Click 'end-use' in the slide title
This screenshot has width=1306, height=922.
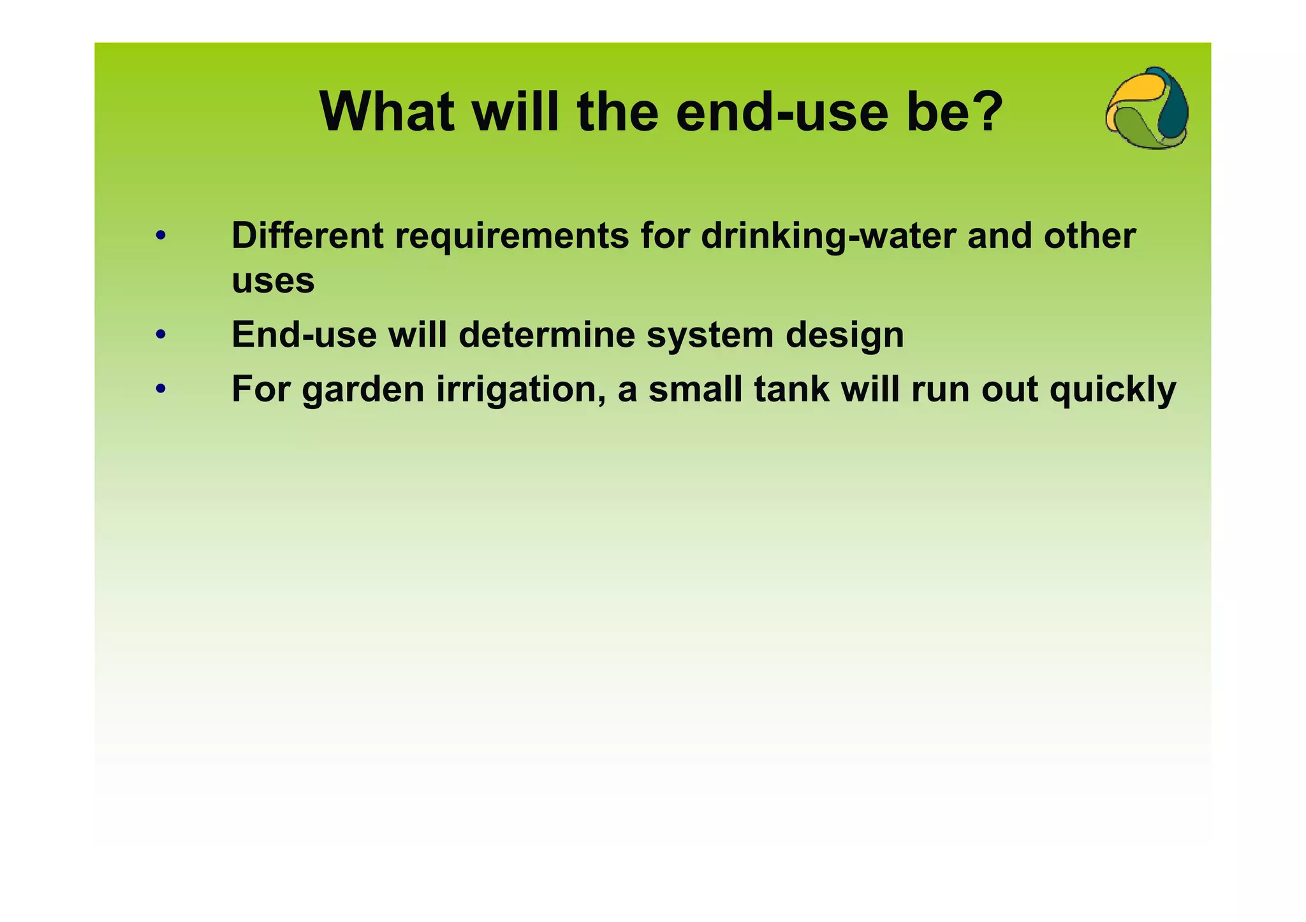coord(781,113)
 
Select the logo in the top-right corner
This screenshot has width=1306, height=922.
coord(1147,108)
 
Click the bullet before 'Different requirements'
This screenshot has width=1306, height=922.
coord(161,236)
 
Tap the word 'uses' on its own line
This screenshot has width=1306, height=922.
coord(273,281)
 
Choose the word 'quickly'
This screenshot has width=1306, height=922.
coord(1112,389)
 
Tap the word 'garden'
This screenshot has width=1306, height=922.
coord(363,389)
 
